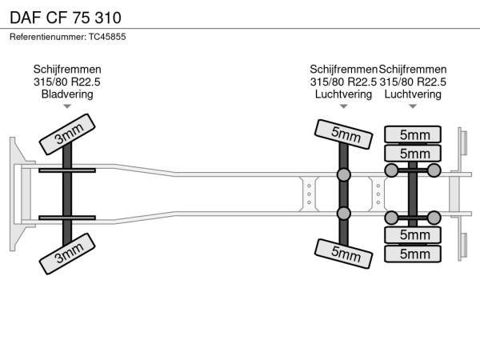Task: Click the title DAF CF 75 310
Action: [x=66, y=18]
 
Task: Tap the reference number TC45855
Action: [x=107, y=37]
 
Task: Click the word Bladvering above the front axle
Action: [x=67, y=94]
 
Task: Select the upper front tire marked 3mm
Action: [x=67, y=134]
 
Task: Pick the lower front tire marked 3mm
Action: [x=67, y=254]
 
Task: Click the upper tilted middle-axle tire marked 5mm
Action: [x=343, y=134]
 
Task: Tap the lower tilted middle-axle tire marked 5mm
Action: [x=343, y=254]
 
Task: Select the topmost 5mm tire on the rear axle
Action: [x=413, y=134]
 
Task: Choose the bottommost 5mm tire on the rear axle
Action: [x=413, y=254]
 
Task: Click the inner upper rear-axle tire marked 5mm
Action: [x=413, y=153]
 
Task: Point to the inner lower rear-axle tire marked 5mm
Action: [x=413, y=235]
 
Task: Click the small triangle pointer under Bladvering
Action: [x=67, y=106]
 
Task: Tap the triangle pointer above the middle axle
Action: [x=343, y=106]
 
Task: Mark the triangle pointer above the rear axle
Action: [x=413, y=106]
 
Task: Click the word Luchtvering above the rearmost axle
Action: [x=413, y=94]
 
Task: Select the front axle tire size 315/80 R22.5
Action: [x=67, y=82]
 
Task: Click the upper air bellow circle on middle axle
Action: [x=343, y=174]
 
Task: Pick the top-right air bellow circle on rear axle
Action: [x=434, y=170]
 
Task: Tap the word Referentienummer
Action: [x=48, y=37]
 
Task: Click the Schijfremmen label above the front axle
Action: [x=67, y=70]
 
